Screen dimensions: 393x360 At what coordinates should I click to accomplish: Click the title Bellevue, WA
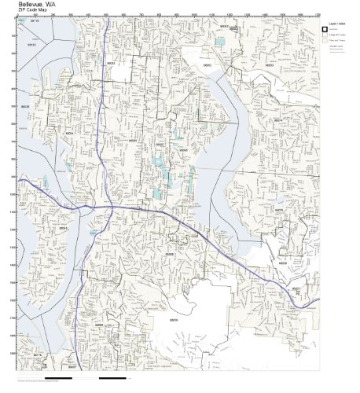(37, 4)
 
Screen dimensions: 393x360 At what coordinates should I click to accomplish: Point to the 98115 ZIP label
(34, 22)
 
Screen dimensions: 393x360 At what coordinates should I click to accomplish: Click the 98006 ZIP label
(169, 254)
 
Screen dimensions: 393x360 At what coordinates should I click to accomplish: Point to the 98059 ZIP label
(173, 320)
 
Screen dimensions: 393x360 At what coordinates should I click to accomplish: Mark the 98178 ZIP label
(37, 355)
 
